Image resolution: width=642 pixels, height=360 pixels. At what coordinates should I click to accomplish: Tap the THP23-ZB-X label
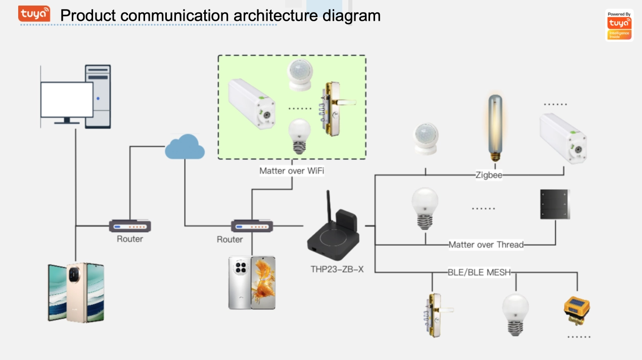point(337,269)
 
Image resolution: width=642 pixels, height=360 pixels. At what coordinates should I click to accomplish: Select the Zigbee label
point(488,175)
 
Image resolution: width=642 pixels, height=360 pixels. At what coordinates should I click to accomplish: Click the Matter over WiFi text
point(292,171)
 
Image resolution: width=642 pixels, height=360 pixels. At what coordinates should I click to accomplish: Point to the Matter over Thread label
point(486,245)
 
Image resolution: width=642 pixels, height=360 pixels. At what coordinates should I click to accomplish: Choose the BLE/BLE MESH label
point(479,273)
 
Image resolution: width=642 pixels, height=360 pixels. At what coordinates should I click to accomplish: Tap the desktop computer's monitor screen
point(67,99)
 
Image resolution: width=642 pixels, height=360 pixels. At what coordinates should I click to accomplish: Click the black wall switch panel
point(555,204)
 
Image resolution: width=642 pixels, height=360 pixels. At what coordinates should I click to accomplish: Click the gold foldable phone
point(76,292)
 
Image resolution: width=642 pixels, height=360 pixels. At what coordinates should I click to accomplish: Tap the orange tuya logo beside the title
point(34,14)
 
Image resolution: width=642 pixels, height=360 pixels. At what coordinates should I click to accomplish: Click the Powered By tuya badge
point(619,25)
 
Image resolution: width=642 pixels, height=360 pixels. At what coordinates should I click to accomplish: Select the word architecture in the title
point(276,16)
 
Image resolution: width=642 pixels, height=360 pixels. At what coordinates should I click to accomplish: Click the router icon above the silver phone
point(252,226)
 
